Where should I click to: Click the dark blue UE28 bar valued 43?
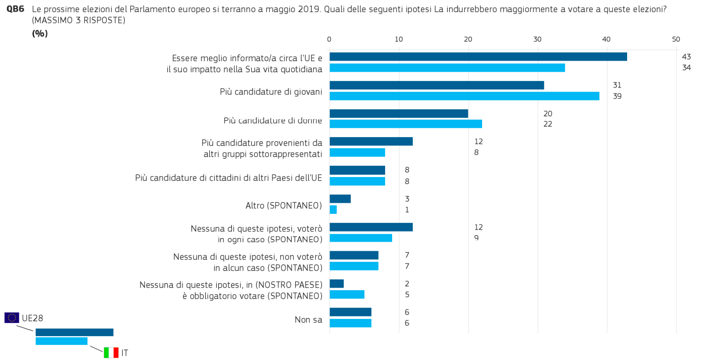pos(478,57)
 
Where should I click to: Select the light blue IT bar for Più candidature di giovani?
pos(464,96)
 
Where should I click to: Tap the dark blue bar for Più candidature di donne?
pos(399,113)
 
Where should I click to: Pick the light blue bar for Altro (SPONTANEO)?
pos(334,210)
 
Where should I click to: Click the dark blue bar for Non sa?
pos(350,312)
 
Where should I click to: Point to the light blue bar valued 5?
pos(347,294)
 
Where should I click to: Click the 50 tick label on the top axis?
pos(676,39)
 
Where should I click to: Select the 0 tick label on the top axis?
pos(329,39)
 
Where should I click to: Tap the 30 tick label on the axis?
pos(537,39)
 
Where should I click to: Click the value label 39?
pos(617,96)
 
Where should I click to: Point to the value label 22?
pos(548,124)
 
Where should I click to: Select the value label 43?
pos(686,57)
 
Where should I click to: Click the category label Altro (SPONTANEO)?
pos(283,206)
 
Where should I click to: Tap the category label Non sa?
pos(308,320)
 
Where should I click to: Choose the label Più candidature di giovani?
pos(271,92)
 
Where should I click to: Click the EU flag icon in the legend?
pos(12,318)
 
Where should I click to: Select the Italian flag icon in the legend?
pos(111,353)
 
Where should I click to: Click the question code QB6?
pos(15,9)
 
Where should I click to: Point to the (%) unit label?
pos(40,33)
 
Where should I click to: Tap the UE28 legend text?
pos(32,318)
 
